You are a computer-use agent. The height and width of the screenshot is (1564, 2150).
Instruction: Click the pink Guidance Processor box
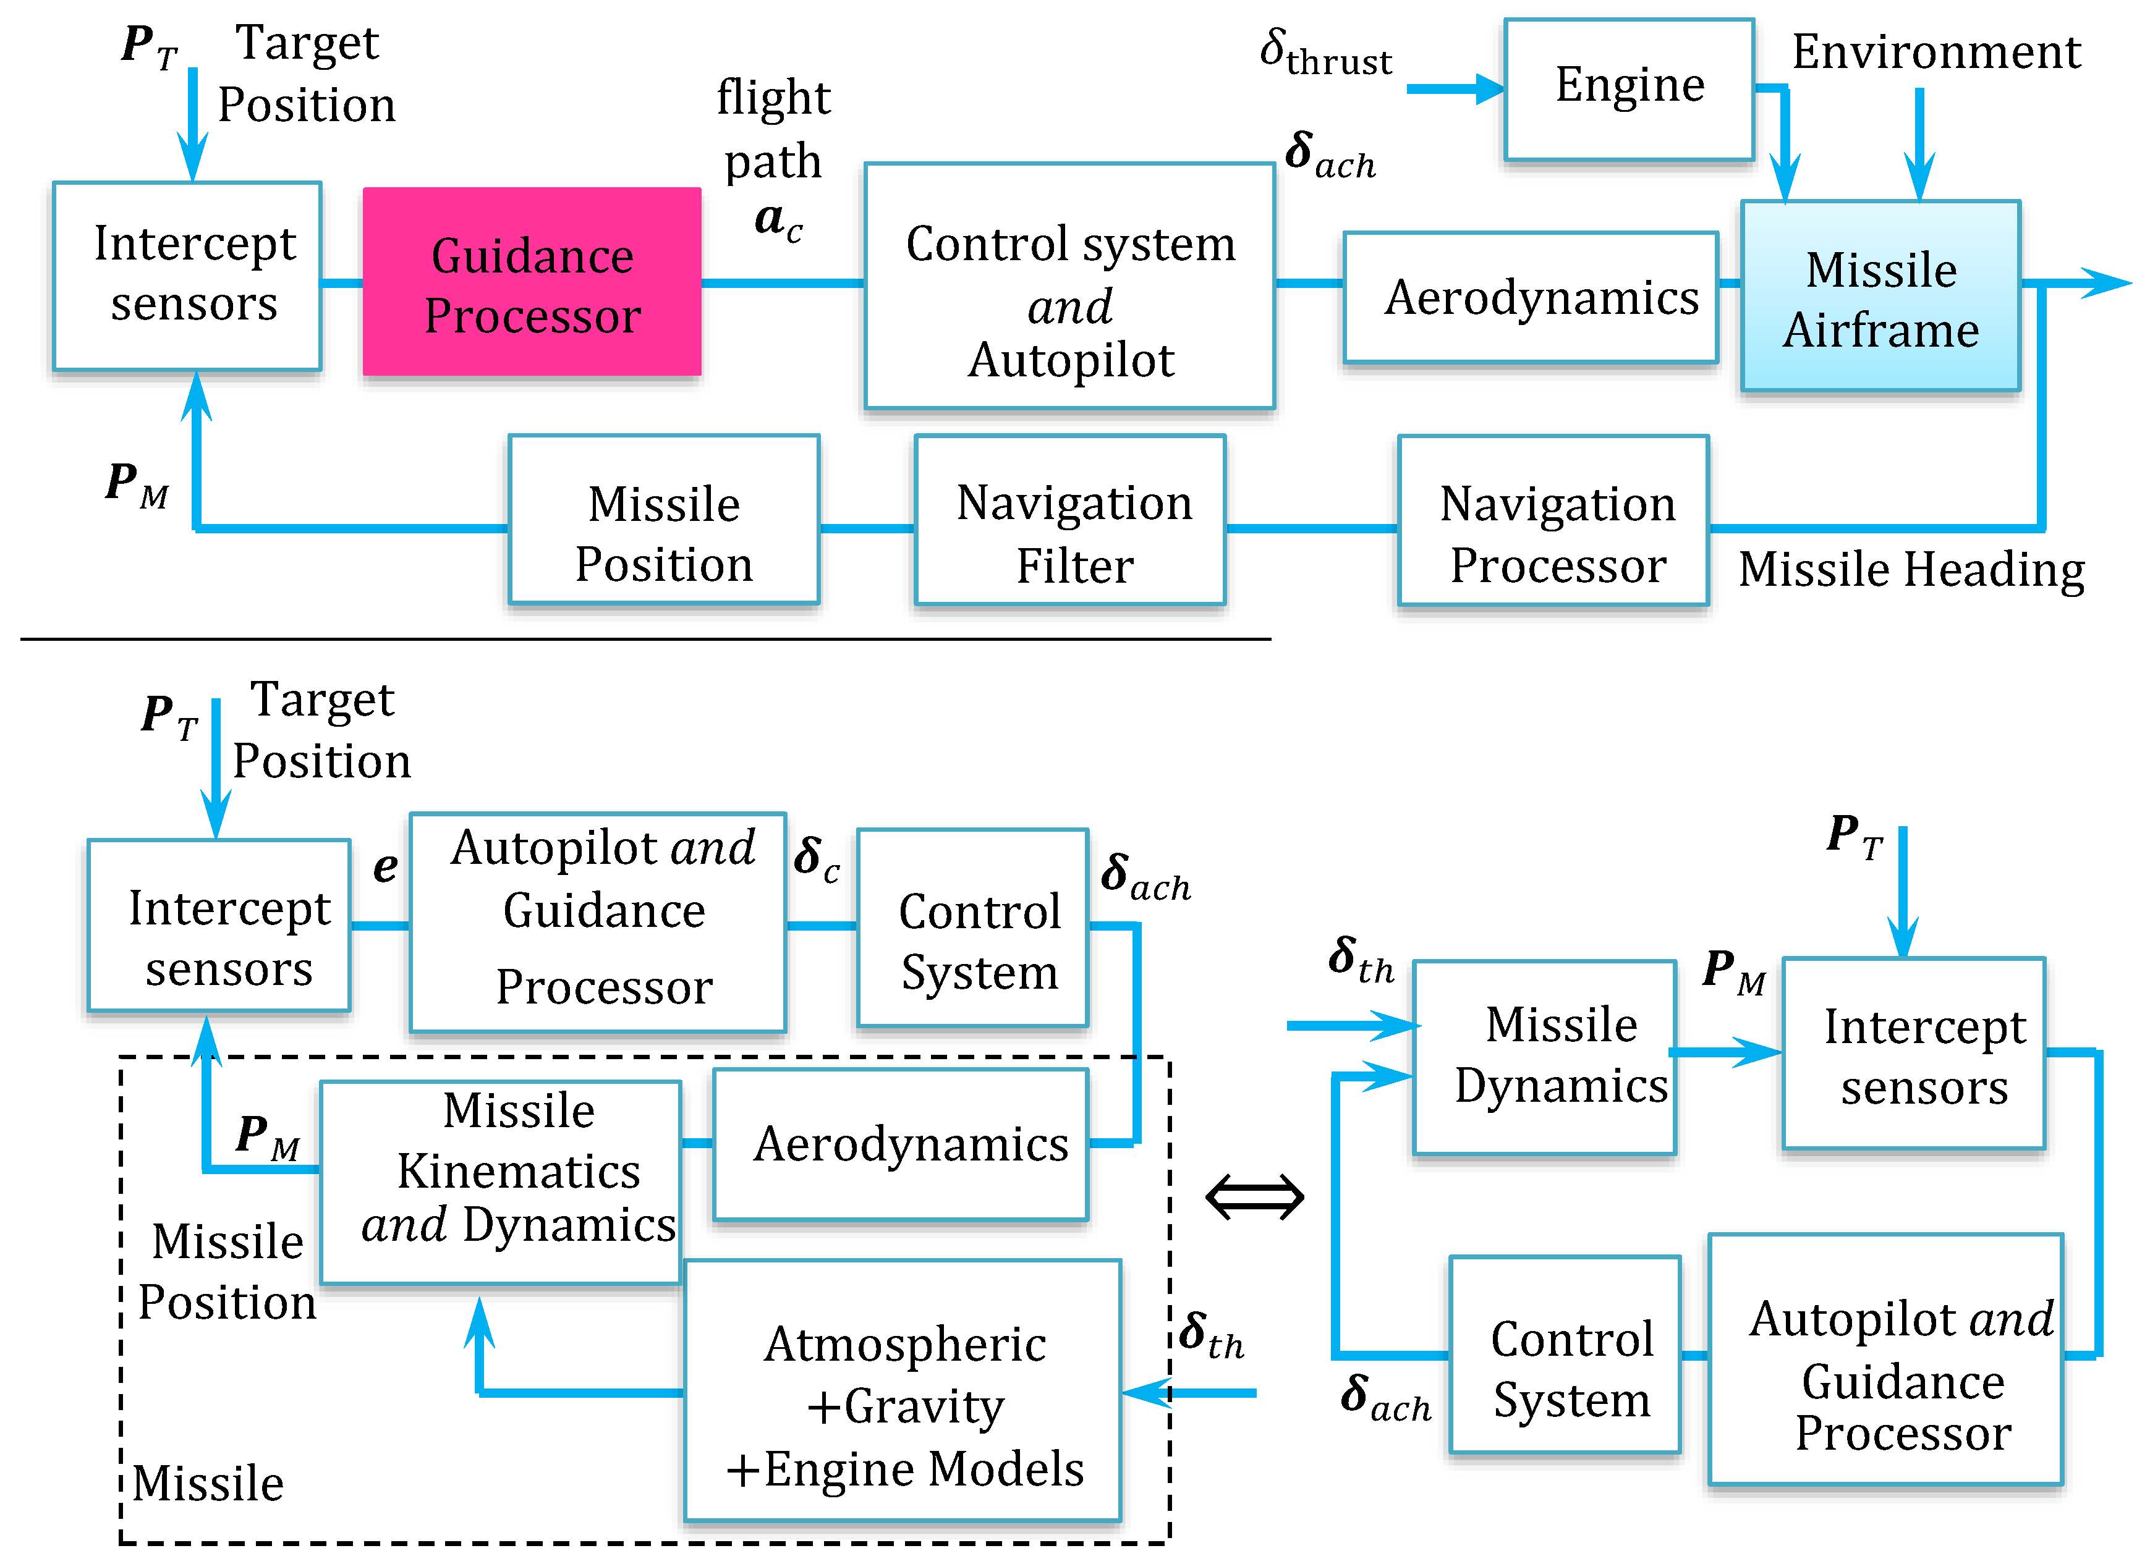(532, 282)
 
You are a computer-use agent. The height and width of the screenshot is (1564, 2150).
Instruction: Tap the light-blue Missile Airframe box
(1880, 296)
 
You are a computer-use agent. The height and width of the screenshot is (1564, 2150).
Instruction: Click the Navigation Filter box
(1069, 520)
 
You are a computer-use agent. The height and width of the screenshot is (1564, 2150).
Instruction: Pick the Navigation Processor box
(1553, 520)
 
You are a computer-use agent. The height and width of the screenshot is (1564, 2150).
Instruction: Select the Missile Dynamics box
(1544, 1057)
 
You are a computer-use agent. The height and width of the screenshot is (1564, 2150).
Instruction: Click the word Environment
(1935, 51)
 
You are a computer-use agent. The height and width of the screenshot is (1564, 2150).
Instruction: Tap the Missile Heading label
(1910, 570)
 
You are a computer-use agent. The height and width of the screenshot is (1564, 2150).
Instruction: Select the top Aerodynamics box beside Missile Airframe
(1530, 297)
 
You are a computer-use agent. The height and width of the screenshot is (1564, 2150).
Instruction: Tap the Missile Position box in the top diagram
(663, 520)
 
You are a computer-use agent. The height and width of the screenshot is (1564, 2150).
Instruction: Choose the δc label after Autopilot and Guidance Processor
(816, 859)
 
